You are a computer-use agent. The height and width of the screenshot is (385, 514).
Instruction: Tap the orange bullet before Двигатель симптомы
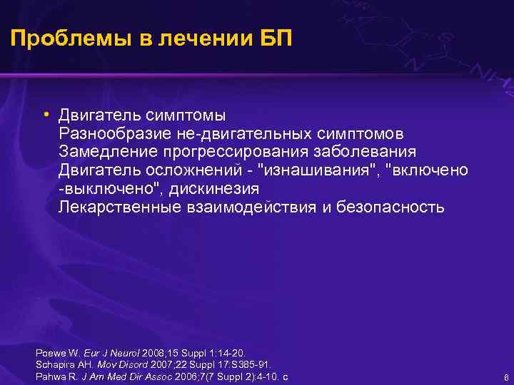coord(45,114)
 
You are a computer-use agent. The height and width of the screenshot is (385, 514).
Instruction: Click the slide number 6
coord(505,377)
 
